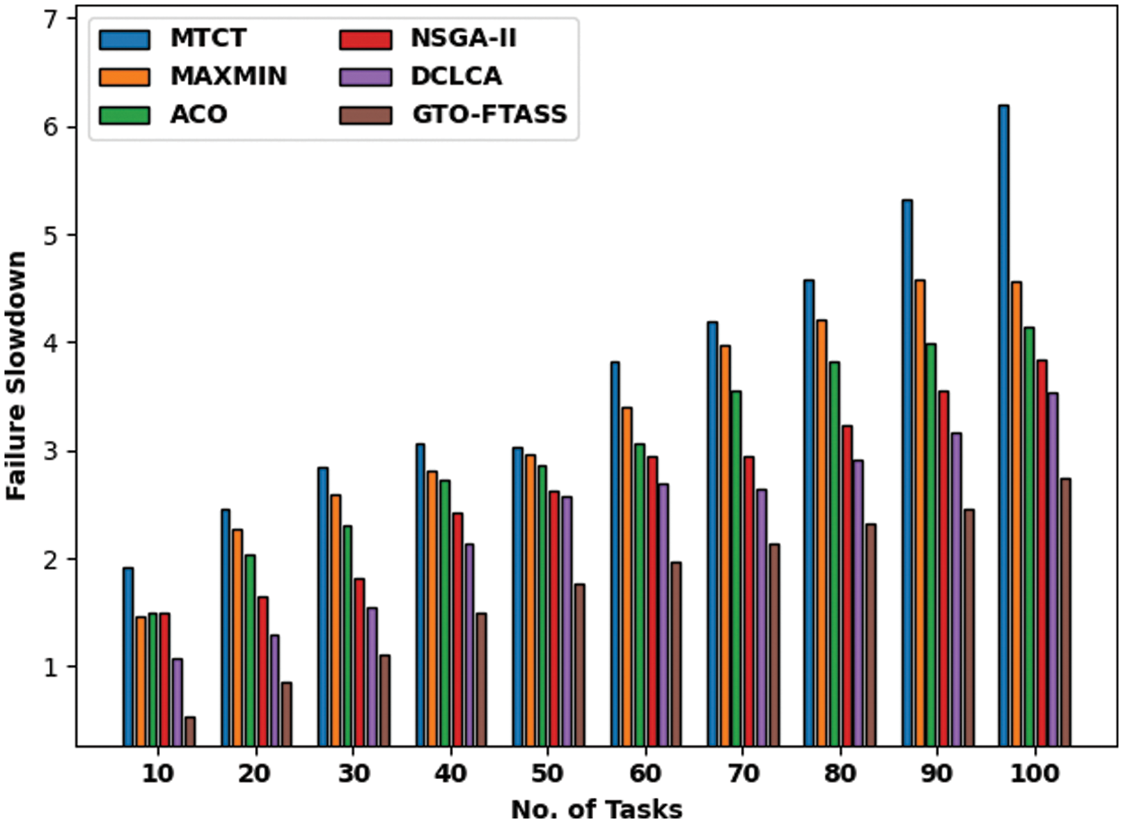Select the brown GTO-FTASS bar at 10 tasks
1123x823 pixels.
click(x=190, y=730)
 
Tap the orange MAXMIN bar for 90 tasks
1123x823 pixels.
click(x=919, y=512)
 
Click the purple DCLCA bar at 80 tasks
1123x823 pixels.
click(x=859, y=602)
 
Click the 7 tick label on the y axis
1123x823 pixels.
click(x=52, y=19)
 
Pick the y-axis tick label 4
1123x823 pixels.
click(x=52, y=343)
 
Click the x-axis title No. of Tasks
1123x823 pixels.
click(x=597, y=808)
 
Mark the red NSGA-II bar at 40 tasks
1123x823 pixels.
click(x=457, y=629)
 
